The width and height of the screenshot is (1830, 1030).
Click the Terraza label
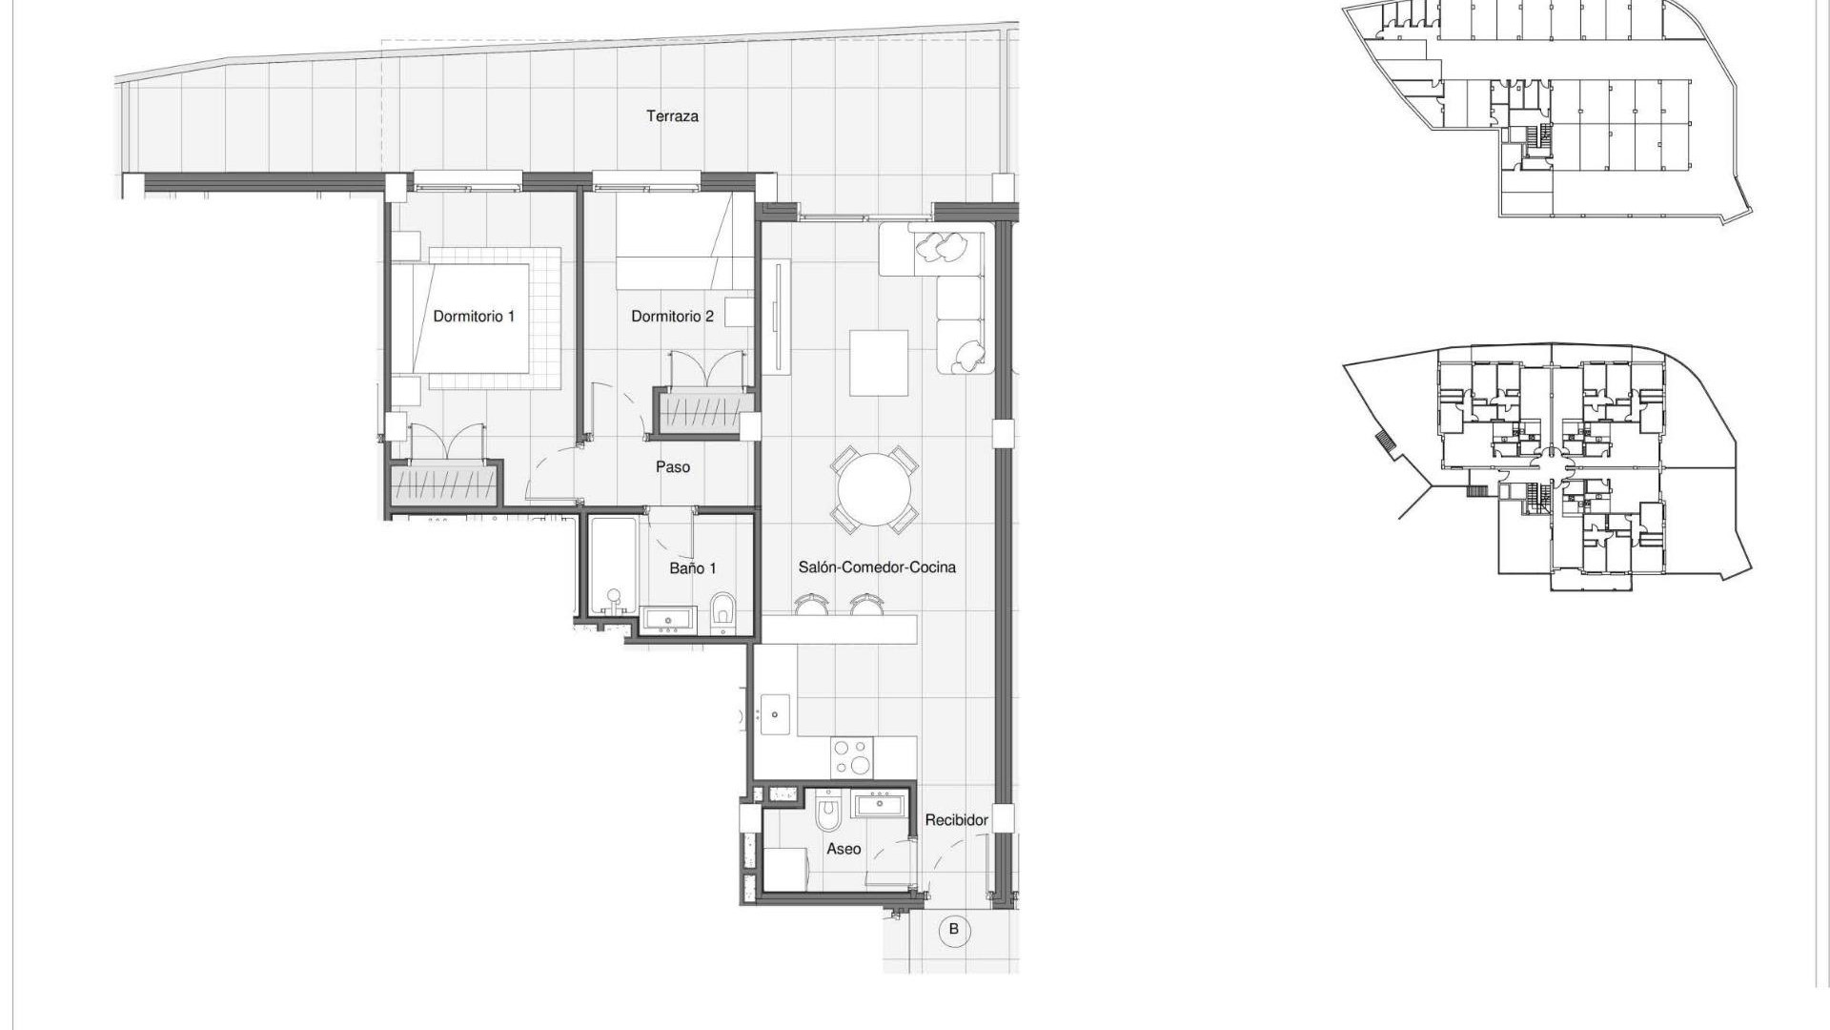[x=672, y=116]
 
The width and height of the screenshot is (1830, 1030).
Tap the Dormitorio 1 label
[x=474, y=316]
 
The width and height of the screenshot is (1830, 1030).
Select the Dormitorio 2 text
[x=672, y=316]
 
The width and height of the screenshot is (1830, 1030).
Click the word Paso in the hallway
[x=672, y=467]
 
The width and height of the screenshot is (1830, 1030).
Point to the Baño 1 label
[x=692, y=568]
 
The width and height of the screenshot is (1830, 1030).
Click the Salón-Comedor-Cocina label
[x=876, y=567]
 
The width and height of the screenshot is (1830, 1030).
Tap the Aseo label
[x=843, y=849]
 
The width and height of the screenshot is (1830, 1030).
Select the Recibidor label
[x=956, y=820]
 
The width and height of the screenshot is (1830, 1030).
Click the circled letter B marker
[x=954, y=928]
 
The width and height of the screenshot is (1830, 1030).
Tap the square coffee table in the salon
[x=878, y=362]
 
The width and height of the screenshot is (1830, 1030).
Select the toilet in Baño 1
[x=723, y=610]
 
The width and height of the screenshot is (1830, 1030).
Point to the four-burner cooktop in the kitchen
[x=851, y=758]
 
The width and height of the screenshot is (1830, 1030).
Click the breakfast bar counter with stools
[x=839, y=628]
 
